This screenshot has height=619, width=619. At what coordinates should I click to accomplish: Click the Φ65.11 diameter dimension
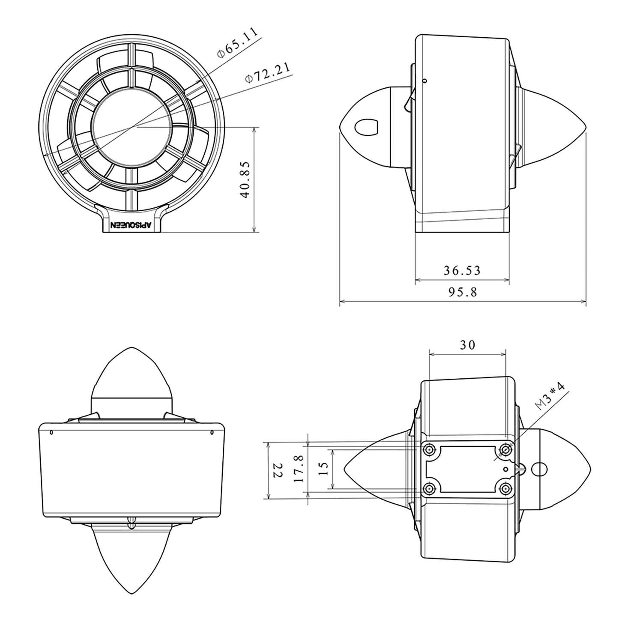click(238, 42)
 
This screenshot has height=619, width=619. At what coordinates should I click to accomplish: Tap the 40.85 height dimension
click(245, 180)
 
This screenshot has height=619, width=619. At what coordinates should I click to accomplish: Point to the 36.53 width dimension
click(462, 270)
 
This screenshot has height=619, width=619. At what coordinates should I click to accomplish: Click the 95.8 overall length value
click(463, 292)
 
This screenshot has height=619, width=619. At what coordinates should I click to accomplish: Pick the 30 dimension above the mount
click(467, 345)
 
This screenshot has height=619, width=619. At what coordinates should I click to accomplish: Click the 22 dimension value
click(278, 471)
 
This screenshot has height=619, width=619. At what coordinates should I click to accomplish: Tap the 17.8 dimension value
click(299, 471)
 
